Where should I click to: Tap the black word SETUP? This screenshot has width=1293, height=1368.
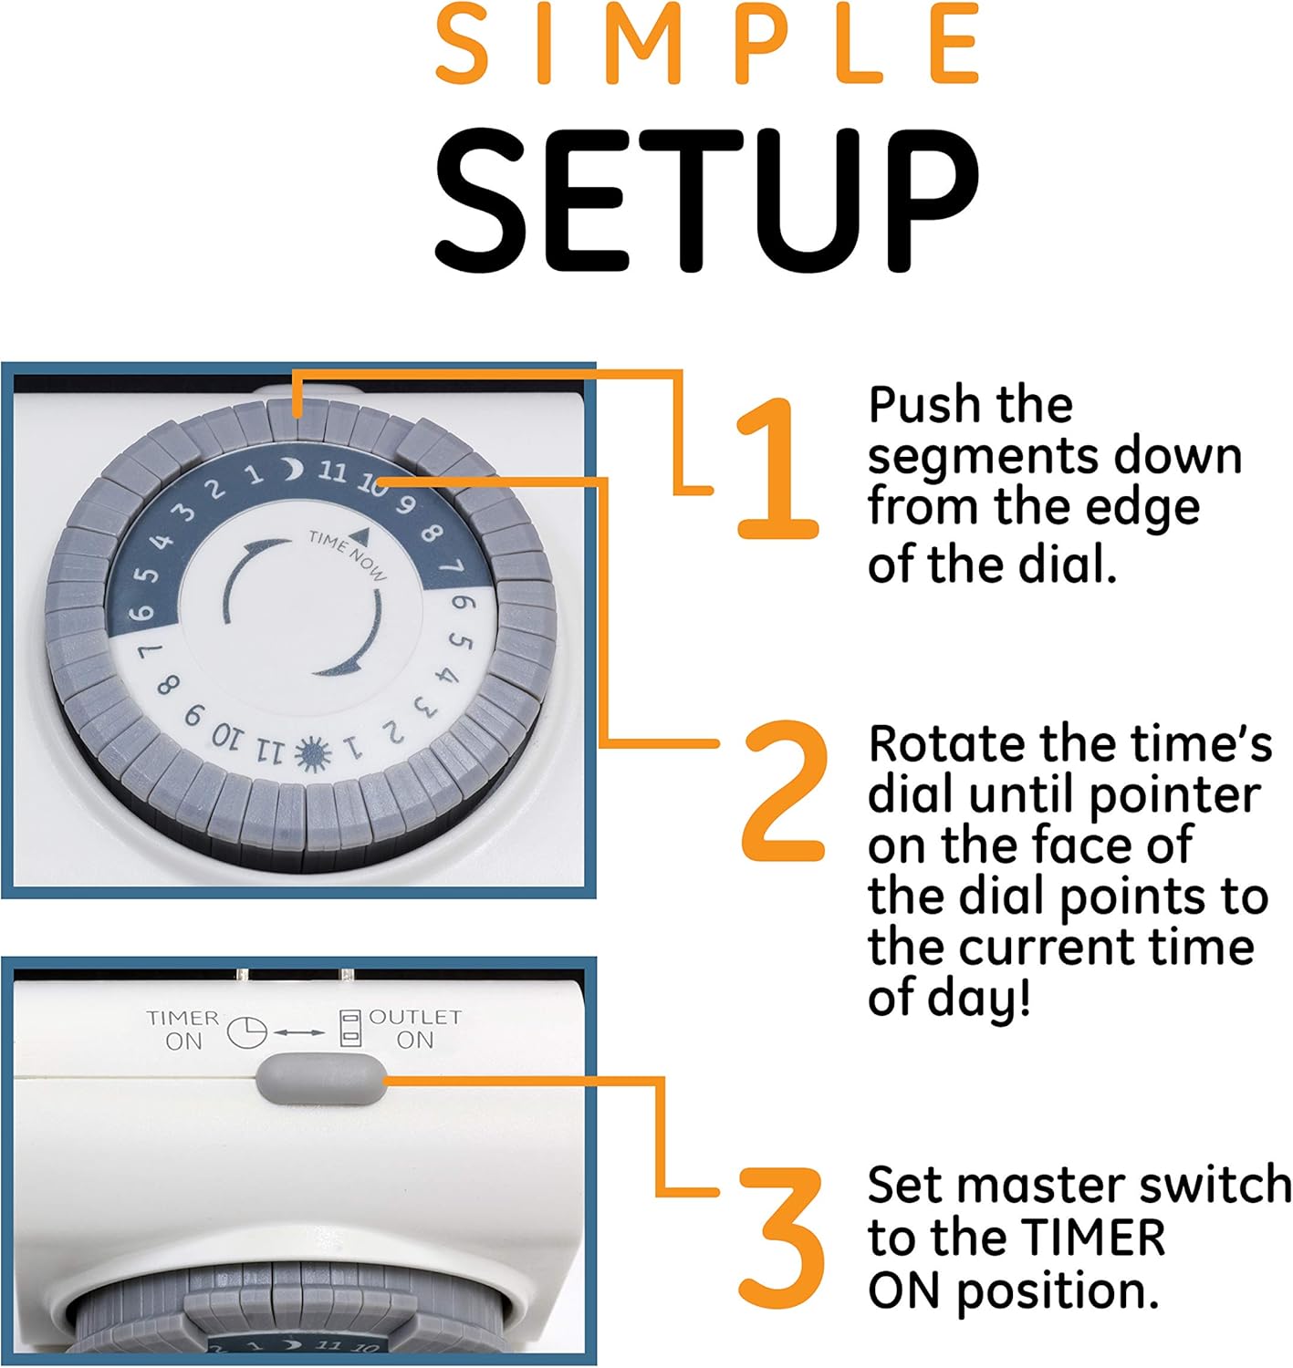pos(706,200)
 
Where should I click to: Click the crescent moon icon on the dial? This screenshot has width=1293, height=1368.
pos(293,470)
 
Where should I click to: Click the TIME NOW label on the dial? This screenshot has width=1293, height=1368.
pos(348,556)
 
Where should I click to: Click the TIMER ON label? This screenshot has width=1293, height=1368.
pos(182,1030)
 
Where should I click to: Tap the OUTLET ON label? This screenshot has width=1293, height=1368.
pos(415,1029)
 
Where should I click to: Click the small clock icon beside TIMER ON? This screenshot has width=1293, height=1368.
pos(247,1032)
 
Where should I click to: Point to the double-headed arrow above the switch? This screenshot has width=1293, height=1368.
pos(299,1032)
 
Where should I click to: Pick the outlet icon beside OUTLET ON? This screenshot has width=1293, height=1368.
pos(350,1029)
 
